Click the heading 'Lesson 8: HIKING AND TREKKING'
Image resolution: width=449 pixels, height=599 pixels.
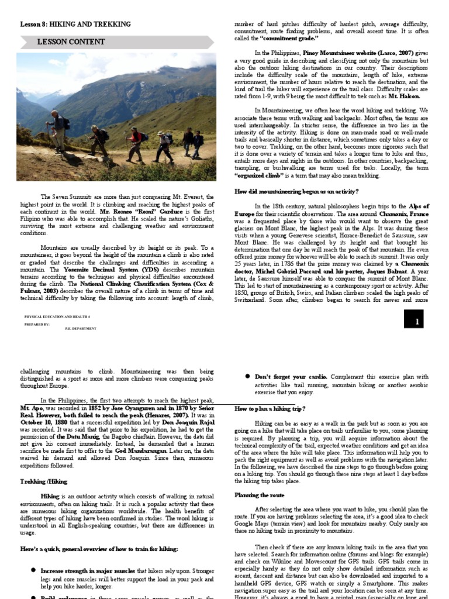click(x=75, y=24)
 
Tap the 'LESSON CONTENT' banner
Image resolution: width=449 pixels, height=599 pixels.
click(x=71, y=42)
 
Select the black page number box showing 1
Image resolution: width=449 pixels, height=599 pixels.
click(x=417, y=321)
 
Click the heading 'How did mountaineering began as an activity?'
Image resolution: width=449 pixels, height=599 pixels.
click(x=296, y=191)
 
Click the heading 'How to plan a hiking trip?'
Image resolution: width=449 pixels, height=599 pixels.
click(x=270, y=408)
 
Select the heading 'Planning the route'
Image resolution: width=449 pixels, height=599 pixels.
click(x=260, y=495)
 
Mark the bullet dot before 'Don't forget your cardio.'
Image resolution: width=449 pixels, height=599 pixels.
click(x=248, y=377)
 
